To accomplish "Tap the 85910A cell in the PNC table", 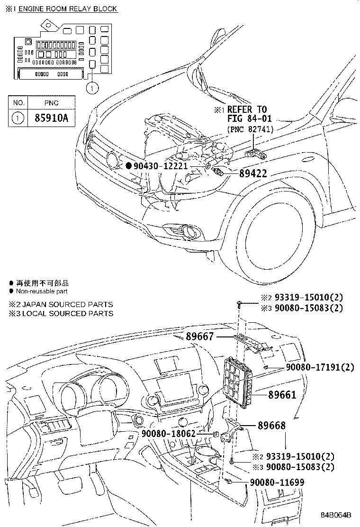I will [51, 117].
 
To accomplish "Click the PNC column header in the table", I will [51, 102].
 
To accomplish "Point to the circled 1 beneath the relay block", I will [92, 87].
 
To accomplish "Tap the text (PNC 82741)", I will [250, 128].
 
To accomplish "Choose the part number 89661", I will [282, 394].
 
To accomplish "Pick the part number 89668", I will [271, 425].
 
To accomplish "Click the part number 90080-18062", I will [168, 433].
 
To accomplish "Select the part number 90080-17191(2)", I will [320, 367].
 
